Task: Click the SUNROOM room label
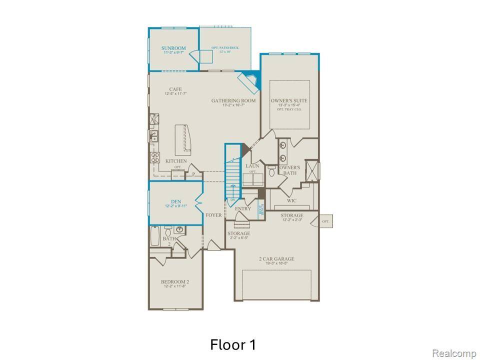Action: [x=173, y=48]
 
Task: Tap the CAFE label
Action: [x=174, y=89]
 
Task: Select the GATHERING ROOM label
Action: [x=233, y=100]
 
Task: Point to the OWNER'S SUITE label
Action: [x=289, y=100]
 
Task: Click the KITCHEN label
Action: [x=176, y=161]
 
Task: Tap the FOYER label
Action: [x=213, y=215]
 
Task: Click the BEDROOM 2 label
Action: [x=174, y=281]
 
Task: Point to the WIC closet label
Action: [x=292, y=200]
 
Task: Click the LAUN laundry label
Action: [x=251, y=166]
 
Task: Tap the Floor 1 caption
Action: [x=233, y=344]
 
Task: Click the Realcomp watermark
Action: [x=453, y=353]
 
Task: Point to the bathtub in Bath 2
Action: [x=155, y=235]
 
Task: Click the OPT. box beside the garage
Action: [x=326, y=220]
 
